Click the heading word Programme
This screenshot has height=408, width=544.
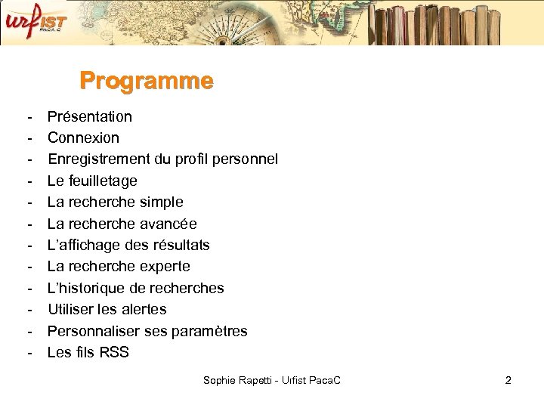point(147,81)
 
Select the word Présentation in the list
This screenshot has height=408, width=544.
point(90,116)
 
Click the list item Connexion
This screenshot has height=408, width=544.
point(83,138)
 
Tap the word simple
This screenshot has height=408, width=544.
point(162,202)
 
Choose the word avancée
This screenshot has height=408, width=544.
point(169,224)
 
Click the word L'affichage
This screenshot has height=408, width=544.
point(79,245)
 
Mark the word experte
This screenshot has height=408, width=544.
point(166,266)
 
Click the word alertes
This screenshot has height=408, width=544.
point(143,309)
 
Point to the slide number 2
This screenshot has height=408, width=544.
point(508,380)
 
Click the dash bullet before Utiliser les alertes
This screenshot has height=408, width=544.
point(29,309)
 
